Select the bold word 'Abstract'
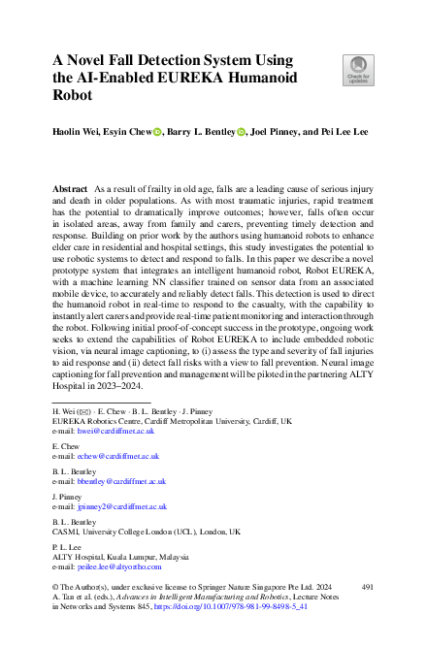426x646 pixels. coord(73,184)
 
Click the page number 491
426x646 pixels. coord(368,588)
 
